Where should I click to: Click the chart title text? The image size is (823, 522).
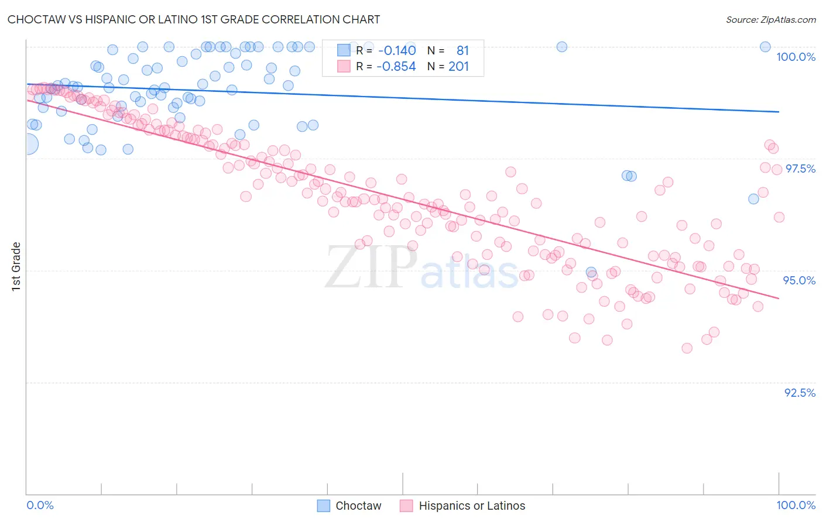[x=194, y=19]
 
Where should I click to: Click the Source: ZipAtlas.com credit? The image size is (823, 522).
[x=770, y=19]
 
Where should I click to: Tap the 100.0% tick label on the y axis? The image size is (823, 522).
[x=795, y=57]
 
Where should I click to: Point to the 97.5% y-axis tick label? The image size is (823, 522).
[x=800, y=169]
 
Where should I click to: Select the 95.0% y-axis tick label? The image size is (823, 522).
[x=799, y=280]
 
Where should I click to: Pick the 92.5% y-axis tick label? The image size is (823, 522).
[x=800, y=393]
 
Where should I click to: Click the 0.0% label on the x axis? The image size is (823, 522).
[x=40, y=505]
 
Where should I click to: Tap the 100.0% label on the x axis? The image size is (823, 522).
[x=795, y=505]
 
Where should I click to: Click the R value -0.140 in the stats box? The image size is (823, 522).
[x=397, y=50]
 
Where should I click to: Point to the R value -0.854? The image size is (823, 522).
[x=397, y=66]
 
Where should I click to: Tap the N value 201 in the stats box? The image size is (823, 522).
[x=458, y=66]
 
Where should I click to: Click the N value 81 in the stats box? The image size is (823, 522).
[x=462, y=50]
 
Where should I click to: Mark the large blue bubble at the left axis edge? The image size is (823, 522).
[x=28, y=143]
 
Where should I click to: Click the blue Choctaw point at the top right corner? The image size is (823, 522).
[x=764, y=47]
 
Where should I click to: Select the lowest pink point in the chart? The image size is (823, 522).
[x=687, y=348]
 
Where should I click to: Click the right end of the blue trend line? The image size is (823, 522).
[x=779, y=111]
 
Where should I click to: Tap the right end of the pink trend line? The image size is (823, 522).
[x=779, y=298]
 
